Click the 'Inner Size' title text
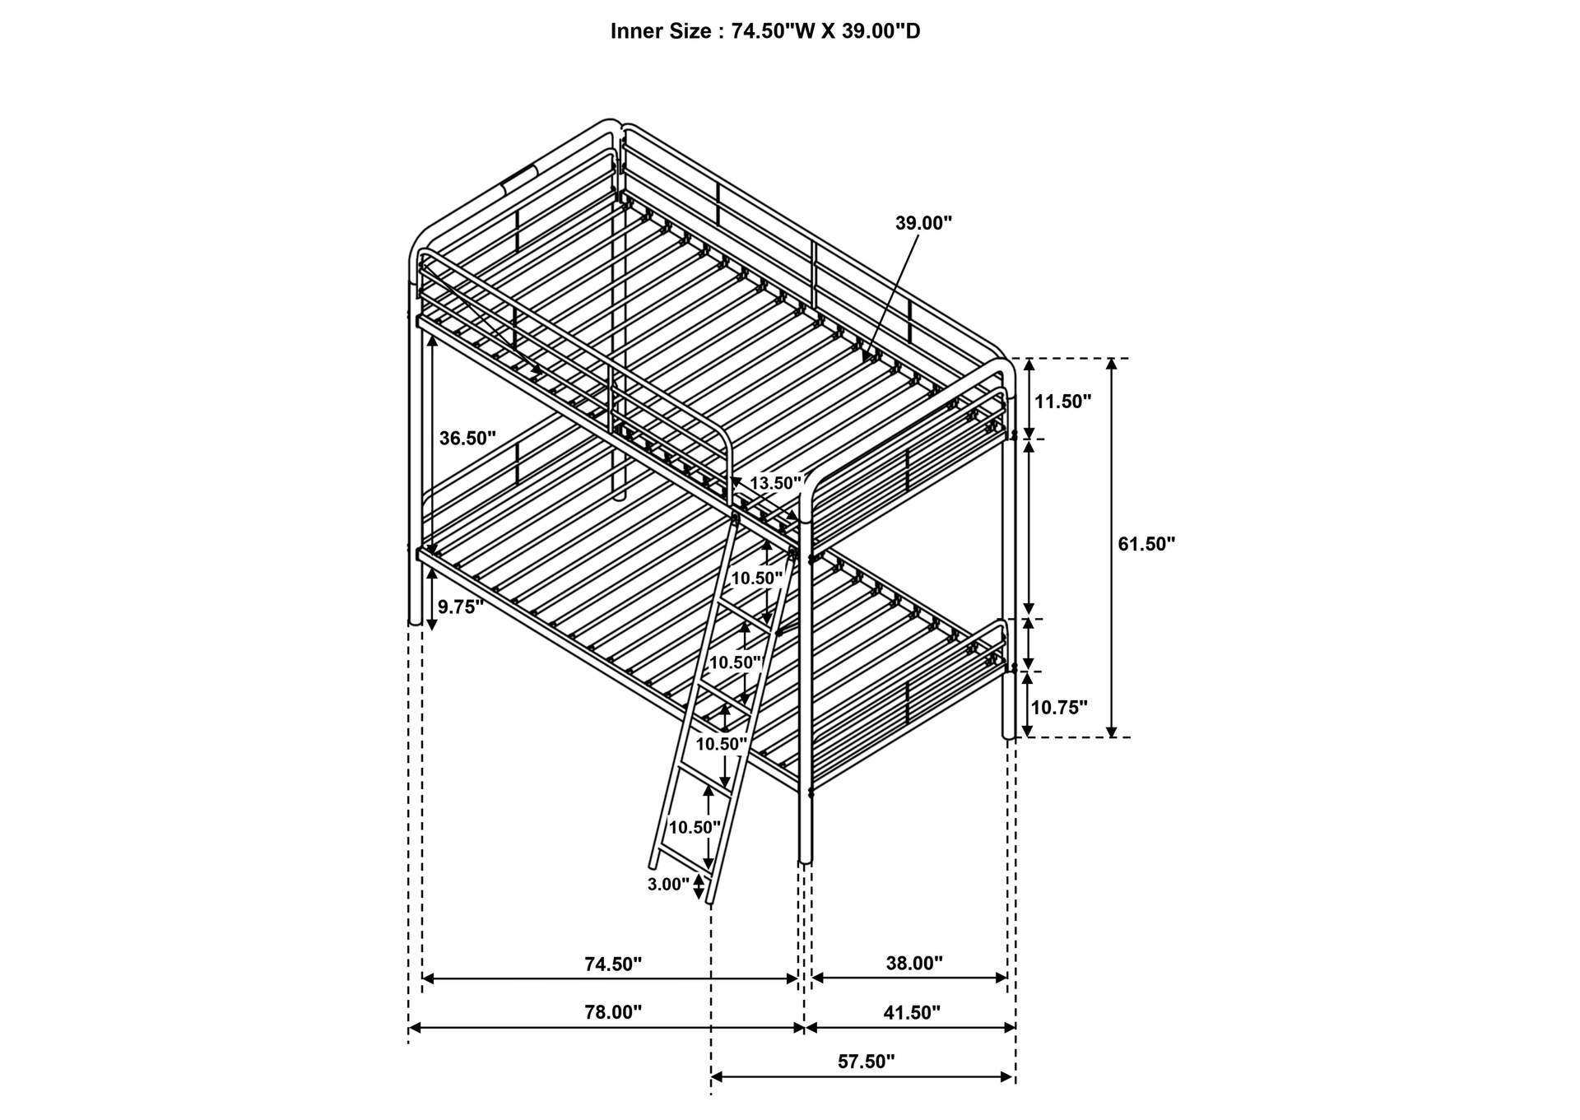(x=764, y=31)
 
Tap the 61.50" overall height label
(x=1146, y=544)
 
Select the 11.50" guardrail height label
(x=1062, y=402)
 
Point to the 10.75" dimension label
(x=1059, y=708)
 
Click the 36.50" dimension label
(x=467, y=439)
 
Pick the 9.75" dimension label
(x=461, y=607)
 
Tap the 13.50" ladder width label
(x=775, y=483)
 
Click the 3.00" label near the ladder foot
(x=668, y=885)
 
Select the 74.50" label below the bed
(x=613, y=964)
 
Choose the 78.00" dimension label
(x=613, y=1013)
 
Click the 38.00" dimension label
(x=914, y=964)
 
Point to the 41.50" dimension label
(x=912, y=1013)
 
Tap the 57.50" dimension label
(x=866, y=1062)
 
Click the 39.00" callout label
(x=923, y=223)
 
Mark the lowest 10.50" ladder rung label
(x=695, y=827)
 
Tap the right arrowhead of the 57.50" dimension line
(x=1006, y=1076)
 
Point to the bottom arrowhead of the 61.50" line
(x=1112, y=731)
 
